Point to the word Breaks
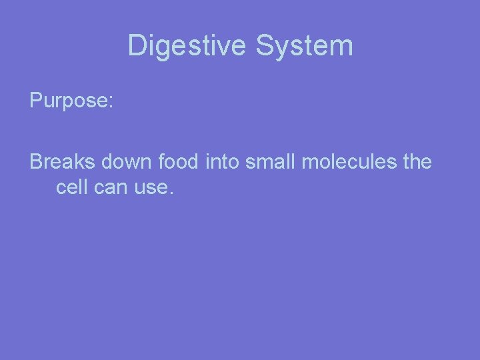pyautogui.click(x=63, y=162)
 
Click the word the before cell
pyautogui.click(x=413, y=162)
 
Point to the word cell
pyautogui.click(x=70, y=187)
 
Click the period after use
pyautogui.click(x=171, y=193)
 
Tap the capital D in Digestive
pyautogui.click(x=137, y=46)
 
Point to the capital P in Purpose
pyautogui.click(x=35, y=101)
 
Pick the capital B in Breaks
pyautogui.click(x=36, y=162)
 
